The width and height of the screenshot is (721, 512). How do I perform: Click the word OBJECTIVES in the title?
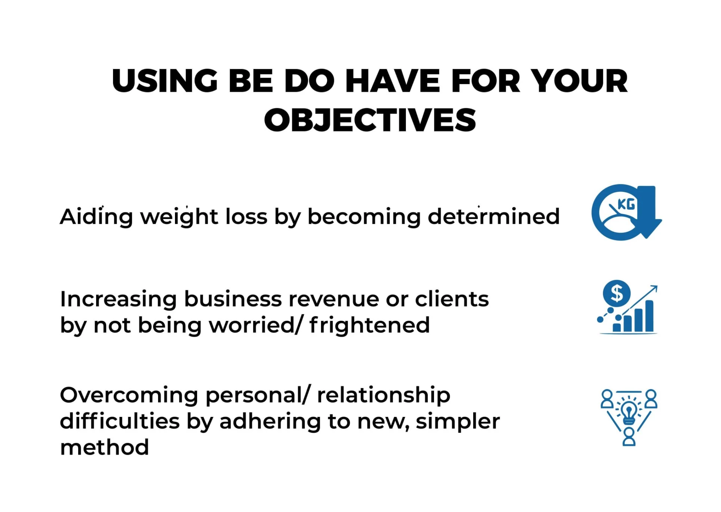coord(370,120)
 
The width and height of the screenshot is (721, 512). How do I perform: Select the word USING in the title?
coord(165,81)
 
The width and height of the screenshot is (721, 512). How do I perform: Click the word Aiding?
coord(96,217)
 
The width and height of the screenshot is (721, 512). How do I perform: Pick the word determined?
coord(494,216)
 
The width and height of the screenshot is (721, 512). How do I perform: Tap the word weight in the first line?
coord(179,217)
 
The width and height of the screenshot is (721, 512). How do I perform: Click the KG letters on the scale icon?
coord(626,204)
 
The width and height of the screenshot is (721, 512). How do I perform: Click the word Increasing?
coord(118,300)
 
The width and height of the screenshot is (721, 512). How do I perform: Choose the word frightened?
coord(370,326)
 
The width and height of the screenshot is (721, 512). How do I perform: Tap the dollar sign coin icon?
coord(617,293)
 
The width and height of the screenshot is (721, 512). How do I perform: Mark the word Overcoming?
coord(129,396)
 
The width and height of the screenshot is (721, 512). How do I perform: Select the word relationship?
coord(383,396)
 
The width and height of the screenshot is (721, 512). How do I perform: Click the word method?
coord(104,447)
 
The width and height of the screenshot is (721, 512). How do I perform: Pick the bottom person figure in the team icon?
coord(629,436)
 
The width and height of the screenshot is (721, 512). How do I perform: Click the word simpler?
coord(458,421)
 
